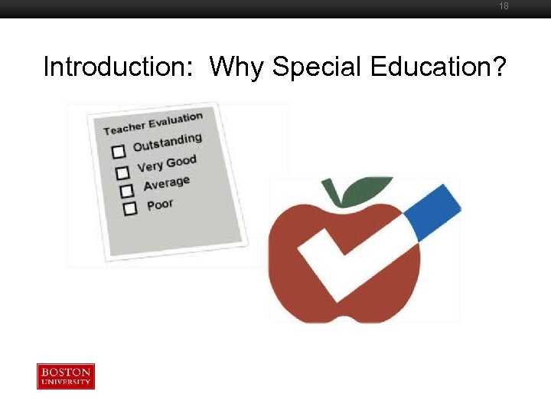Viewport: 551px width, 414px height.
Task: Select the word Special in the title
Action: coord(317,67)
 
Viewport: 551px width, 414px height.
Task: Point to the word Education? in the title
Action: coord(438,67)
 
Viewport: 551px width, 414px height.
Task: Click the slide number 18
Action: coord(504,6)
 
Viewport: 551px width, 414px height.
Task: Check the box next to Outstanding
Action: coord(119,152)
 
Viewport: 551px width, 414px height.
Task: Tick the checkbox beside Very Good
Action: coord(122,172)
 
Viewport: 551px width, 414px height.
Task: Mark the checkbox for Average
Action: coord(127,190)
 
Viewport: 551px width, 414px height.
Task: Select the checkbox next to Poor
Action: coord(130,208)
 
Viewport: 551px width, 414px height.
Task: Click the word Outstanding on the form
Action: coord(167,142)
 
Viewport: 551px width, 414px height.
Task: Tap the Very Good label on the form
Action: coord(167,163)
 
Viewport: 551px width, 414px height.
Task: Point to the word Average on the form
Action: coord(167,184)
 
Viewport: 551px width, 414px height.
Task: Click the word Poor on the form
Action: coord(160,205)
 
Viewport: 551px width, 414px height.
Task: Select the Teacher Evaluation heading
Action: coord(153,123)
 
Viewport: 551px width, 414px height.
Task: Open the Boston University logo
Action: coord(66,376)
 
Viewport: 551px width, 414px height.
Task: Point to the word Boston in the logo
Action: coord(66,372)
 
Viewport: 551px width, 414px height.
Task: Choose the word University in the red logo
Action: coord(66,382)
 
